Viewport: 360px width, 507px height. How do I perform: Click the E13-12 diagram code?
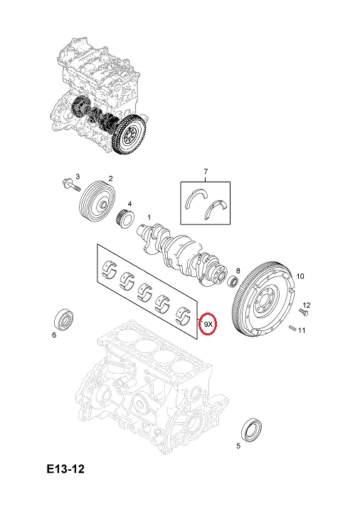click(x=65, y=469)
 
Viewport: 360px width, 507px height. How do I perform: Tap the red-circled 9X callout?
click(x=208, y=323)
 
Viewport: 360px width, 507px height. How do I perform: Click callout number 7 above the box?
click(x=206, y=171)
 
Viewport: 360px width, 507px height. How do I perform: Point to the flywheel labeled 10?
click(x=263, y=298)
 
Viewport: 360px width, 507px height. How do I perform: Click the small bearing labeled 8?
click(x=234, y=281)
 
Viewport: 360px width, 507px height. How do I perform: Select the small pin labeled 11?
click(x=292, y=328)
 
